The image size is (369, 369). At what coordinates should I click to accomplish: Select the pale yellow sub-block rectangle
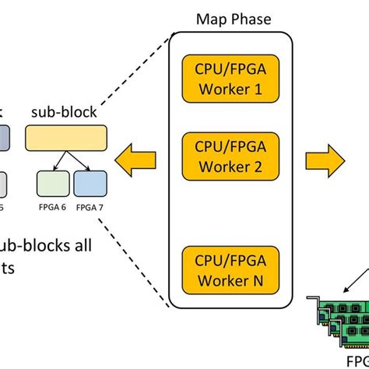point(66,138)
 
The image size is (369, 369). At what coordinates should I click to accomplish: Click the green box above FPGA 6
point(53,184)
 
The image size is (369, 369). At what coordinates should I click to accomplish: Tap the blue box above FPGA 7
point(90,184)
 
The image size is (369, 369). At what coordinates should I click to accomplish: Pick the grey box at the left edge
point(3,184)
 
